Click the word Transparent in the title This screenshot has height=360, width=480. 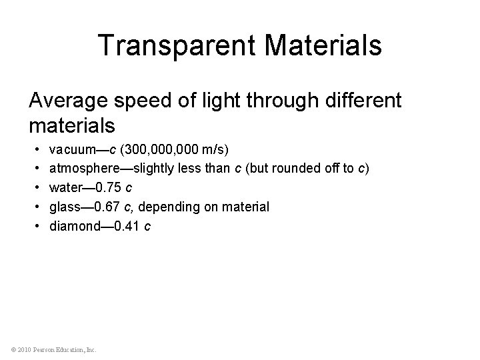pos(171,46)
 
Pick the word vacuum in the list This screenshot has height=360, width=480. pos(73,148)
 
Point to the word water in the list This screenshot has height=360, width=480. pos(65,187)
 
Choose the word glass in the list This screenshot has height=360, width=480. pos(65,207)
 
